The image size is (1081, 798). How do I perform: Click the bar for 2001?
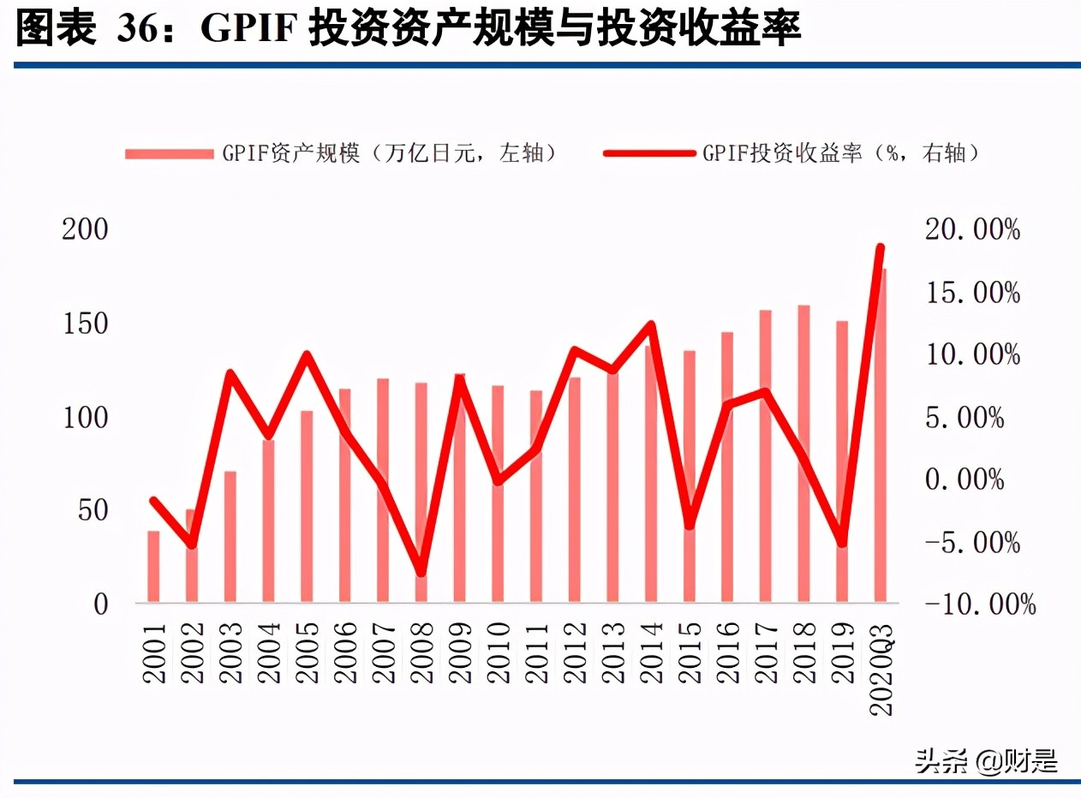(x=153, y=567)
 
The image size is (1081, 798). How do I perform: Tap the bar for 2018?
(x=803, y=454)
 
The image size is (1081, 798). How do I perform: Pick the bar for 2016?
(x=727, y=467)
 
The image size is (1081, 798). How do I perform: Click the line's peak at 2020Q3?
(x=880, y=248)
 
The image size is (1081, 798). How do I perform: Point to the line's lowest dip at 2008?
(x=421, y=572)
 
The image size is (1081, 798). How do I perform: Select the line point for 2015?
(x=689, y=525)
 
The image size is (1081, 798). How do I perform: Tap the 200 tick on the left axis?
(x=85, y=230)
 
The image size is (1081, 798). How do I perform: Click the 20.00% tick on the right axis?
(x=972, y=230)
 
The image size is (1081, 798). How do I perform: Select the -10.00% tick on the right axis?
(x=980, y=604)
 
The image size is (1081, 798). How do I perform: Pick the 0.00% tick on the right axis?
(x=965, y=479)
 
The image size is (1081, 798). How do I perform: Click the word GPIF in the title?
(x=248, y=31)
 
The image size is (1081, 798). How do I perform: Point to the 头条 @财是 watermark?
(x=985, y=760)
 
